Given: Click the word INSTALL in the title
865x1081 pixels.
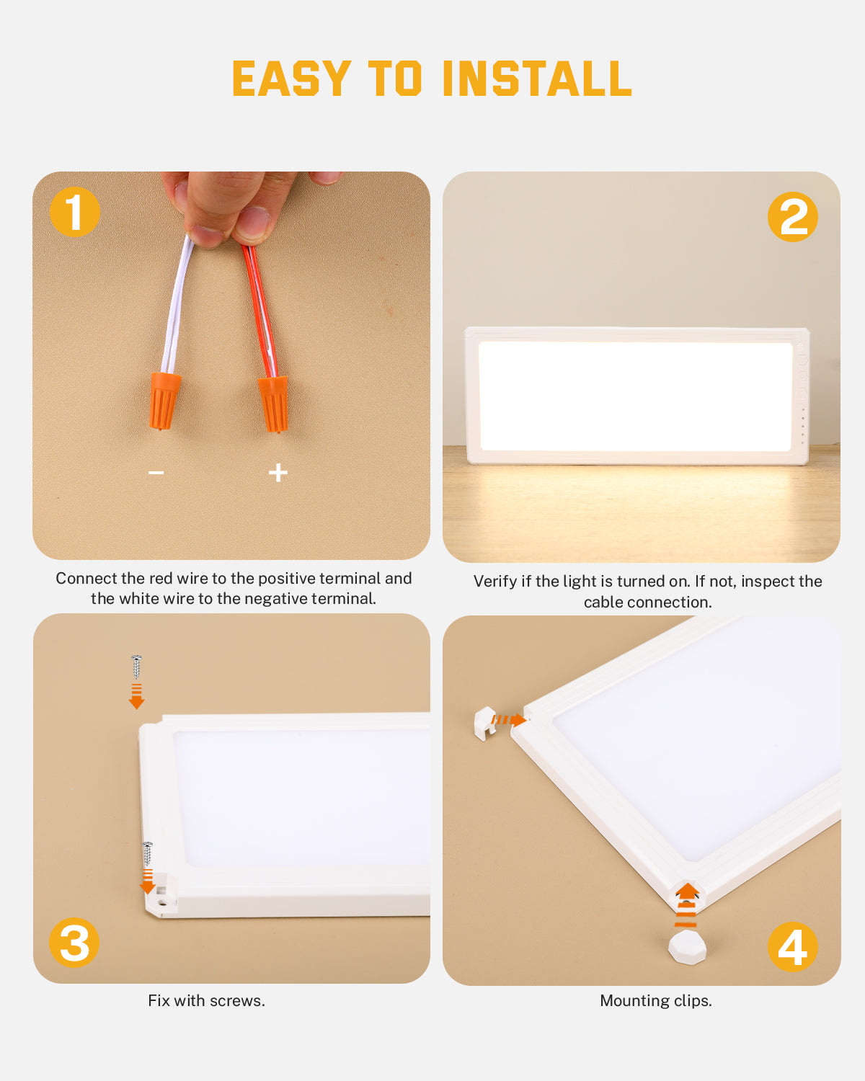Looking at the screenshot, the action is coord(537,79).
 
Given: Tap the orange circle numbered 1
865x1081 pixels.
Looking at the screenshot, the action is coord(75,211).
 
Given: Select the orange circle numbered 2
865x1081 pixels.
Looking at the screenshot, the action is coord(793,217).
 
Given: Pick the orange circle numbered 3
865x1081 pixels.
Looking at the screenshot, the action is coord(74,943).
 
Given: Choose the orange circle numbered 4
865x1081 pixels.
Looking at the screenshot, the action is coord(793,947).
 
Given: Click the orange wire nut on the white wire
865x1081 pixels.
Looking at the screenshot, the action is coord(164,401).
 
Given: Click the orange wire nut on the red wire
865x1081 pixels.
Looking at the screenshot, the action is coord(274,404).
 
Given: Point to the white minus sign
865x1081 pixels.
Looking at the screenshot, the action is coord(156,473).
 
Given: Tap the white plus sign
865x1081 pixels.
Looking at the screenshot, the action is coord(278,473).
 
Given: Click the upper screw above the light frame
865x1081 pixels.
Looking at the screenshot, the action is coord(136,667).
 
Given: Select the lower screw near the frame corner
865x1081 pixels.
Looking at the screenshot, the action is coord(147,854).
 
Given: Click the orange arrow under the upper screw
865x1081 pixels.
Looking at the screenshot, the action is coord(137,696).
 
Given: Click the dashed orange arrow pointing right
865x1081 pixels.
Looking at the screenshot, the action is coord(509,720).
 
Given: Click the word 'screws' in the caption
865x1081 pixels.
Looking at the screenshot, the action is coord(237,1001).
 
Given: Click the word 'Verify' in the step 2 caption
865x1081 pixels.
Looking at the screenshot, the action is coord(495,581).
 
